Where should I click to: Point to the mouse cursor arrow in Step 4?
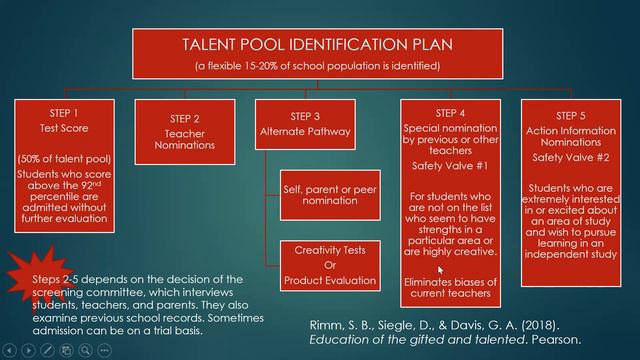pyautogui.click(x=440, y=269)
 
